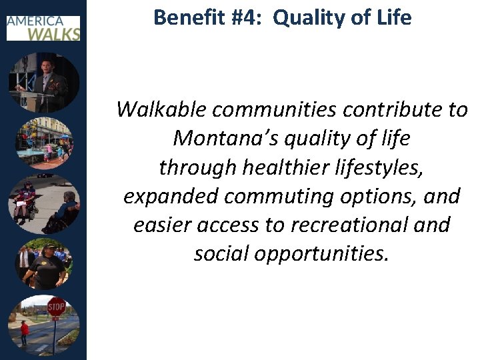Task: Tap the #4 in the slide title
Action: coord(247,17)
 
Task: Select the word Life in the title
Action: coord(392,17)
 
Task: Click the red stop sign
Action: coord(56,307)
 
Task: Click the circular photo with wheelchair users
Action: coord(43,203)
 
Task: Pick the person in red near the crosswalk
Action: coord(25,332)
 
